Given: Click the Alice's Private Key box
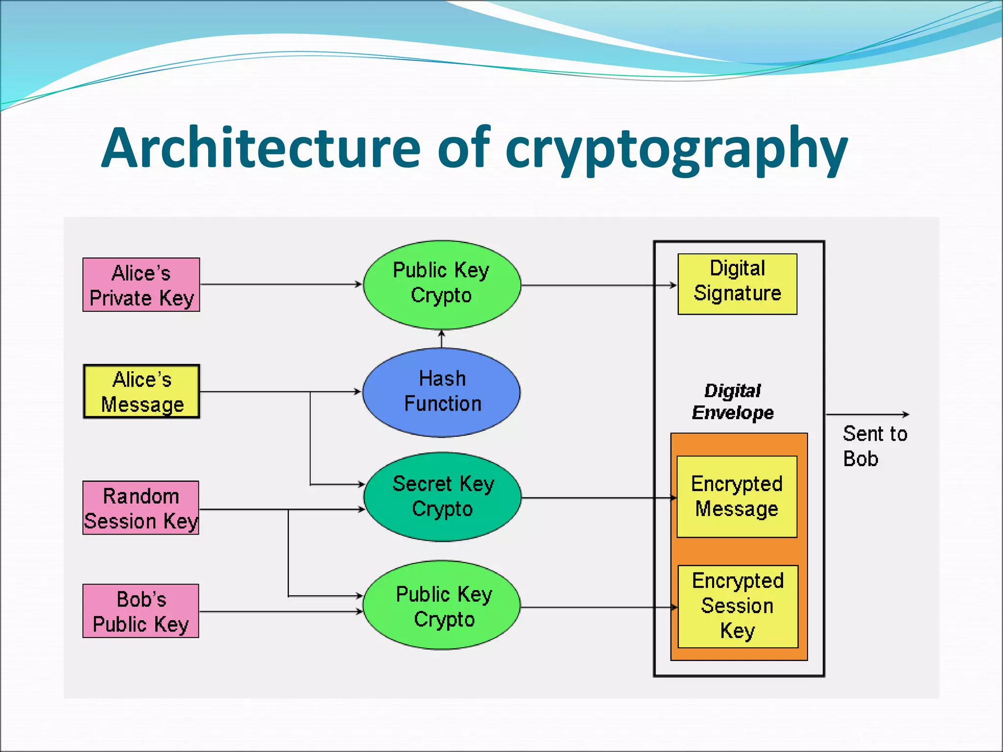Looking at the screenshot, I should tap(141, 285).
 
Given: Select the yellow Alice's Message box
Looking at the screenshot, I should tap(142, 392).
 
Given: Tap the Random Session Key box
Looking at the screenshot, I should tap(141, 508).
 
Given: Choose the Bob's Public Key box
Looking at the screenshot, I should tap(141, 611).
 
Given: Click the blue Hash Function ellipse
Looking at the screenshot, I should tap(442, 392).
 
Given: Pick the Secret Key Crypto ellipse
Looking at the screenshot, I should tap(443, 496).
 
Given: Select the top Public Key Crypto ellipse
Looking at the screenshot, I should tap(442, 284).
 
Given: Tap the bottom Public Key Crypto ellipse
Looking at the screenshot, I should tap(443, 606).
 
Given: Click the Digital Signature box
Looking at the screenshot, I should tap(737, 284).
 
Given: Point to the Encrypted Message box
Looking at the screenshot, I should tap(737, 496).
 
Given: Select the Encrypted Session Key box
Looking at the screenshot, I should tap(738, 606).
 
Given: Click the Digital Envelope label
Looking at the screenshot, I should tap(733, 401).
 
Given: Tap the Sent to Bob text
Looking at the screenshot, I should tap(874, 446).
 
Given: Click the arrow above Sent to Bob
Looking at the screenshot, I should tap(867, 414).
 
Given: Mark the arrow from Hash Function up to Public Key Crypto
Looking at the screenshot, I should tap(442, 339).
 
